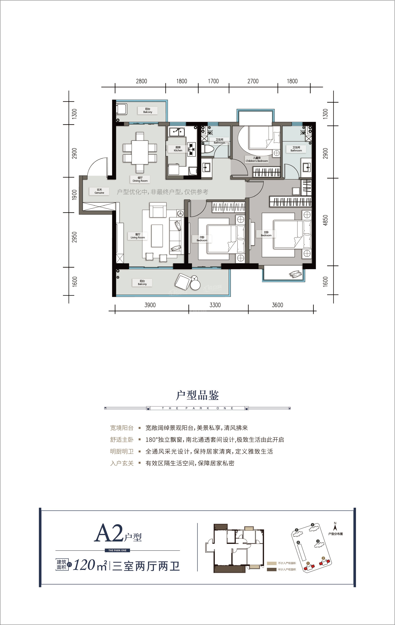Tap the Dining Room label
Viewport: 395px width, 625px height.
[140, 179]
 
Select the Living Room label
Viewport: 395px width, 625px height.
[138, 236]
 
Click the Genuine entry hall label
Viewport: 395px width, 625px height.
[99, 191]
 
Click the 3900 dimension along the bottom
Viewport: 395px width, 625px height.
[150, 305]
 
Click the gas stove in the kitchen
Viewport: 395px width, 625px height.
[192, 149]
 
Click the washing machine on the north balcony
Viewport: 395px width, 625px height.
[122, 109]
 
